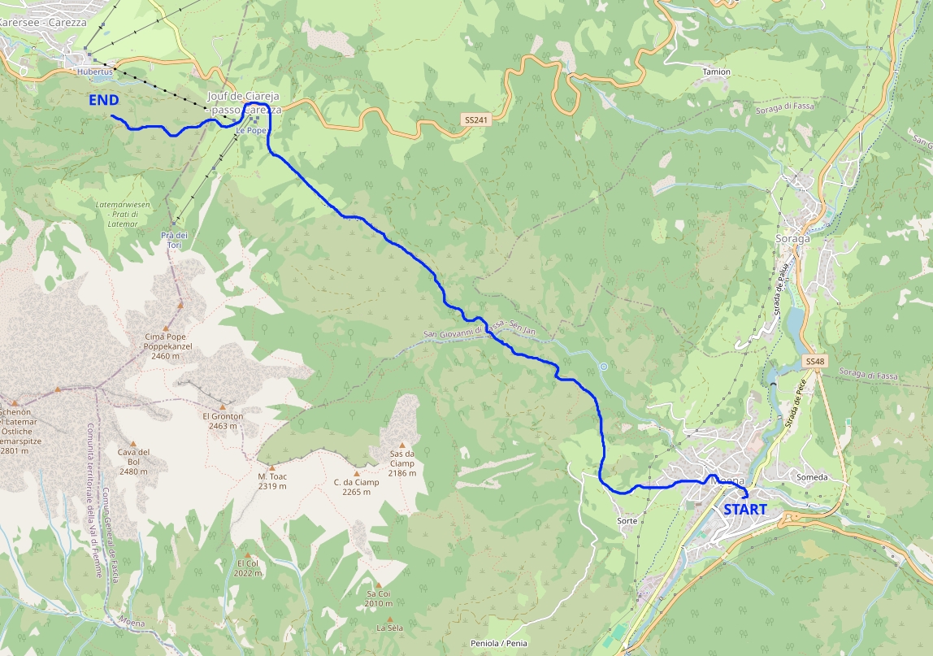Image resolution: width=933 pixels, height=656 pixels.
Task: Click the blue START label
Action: (x=744, y=510)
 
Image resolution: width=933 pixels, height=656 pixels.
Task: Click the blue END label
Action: (x=104, y=101)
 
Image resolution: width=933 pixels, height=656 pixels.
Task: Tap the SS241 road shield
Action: (x=476, y=119)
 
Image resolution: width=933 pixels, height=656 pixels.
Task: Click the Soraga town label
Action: (x=793, y=239)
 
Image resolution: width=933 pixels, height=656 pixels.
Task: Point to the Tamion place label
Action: (x=716, y=72)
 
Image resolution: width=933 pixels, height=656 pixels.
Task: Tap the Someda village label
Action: (x=812, y=477)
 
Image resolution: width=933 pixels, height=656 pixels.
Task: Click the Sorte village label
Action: (x=627, y=520)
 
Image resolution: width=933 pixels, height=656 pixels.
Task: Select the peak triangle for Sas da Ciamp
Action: (x=401, y=445)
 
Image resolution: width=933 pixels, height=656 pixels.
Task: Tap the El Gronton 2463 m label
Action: (x=223, y=420)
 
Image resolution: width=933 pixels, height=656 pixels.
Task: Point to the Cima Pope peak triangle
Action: (x=180, y=305)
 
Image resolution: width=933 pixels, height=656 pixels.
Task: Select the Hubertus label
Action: (x=93, y=72)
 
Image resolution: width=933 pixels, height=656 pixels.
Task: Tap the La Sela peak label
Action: (x=389, y=628)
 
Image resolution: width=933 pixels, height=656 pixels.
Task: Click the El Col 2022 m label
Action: (x=249, y=567)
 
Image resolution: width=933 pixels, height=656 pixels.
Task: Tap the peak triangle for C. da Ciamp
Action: (x=356, y=473)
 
